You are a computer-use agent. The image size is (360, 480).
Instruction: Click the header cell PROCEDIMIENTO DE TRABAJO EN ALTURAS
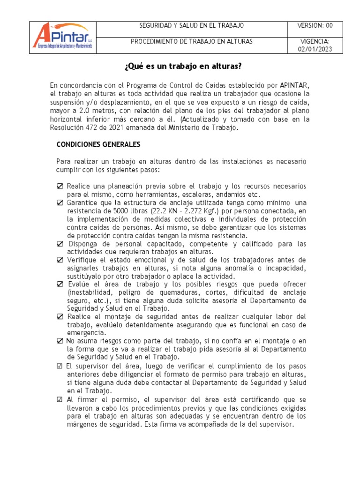191,42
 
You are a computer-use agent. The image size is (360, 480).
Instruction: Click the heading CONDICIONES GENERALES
98,144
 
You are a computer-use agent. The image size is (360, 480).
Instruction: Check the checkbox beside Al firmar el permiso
60,400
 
